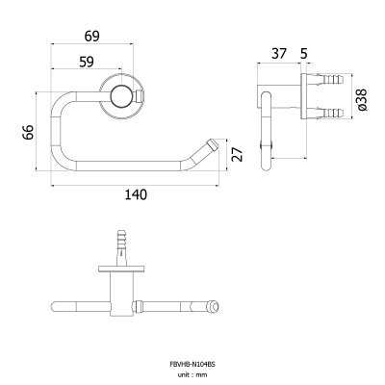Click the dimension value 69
[x=92, y=37]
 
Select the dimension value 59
[x=87, y=62]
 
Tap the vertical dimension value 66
[x=28, y=132]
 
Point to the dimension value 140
[x=136, y=194]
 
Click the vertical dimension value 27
[x=237, y=154]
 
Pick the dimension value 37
[x=278, y=53]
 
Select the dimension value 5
[x=304, y=54]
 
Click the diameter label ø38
[x=362, y=100]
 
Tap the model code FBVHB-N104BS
[x=192, y=364]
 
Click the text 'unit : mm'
[x=192, y=374]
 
